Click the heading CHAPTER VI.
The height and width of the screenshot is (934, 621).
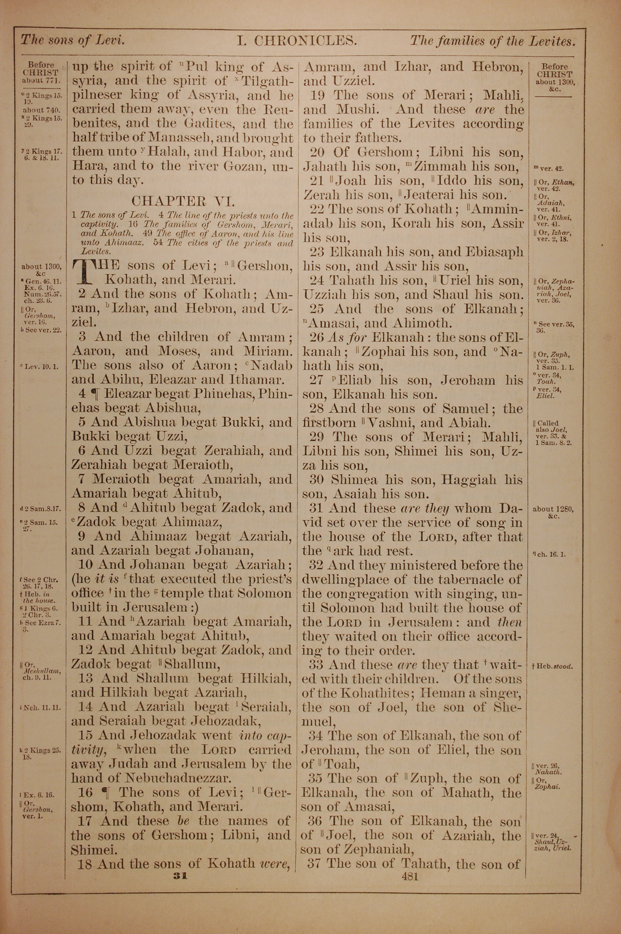click(183, 201)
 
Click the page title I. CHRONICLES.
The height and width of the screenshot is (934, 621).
click(297, 41)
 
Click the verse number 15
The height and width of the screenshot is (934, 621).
click(86, 735)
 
